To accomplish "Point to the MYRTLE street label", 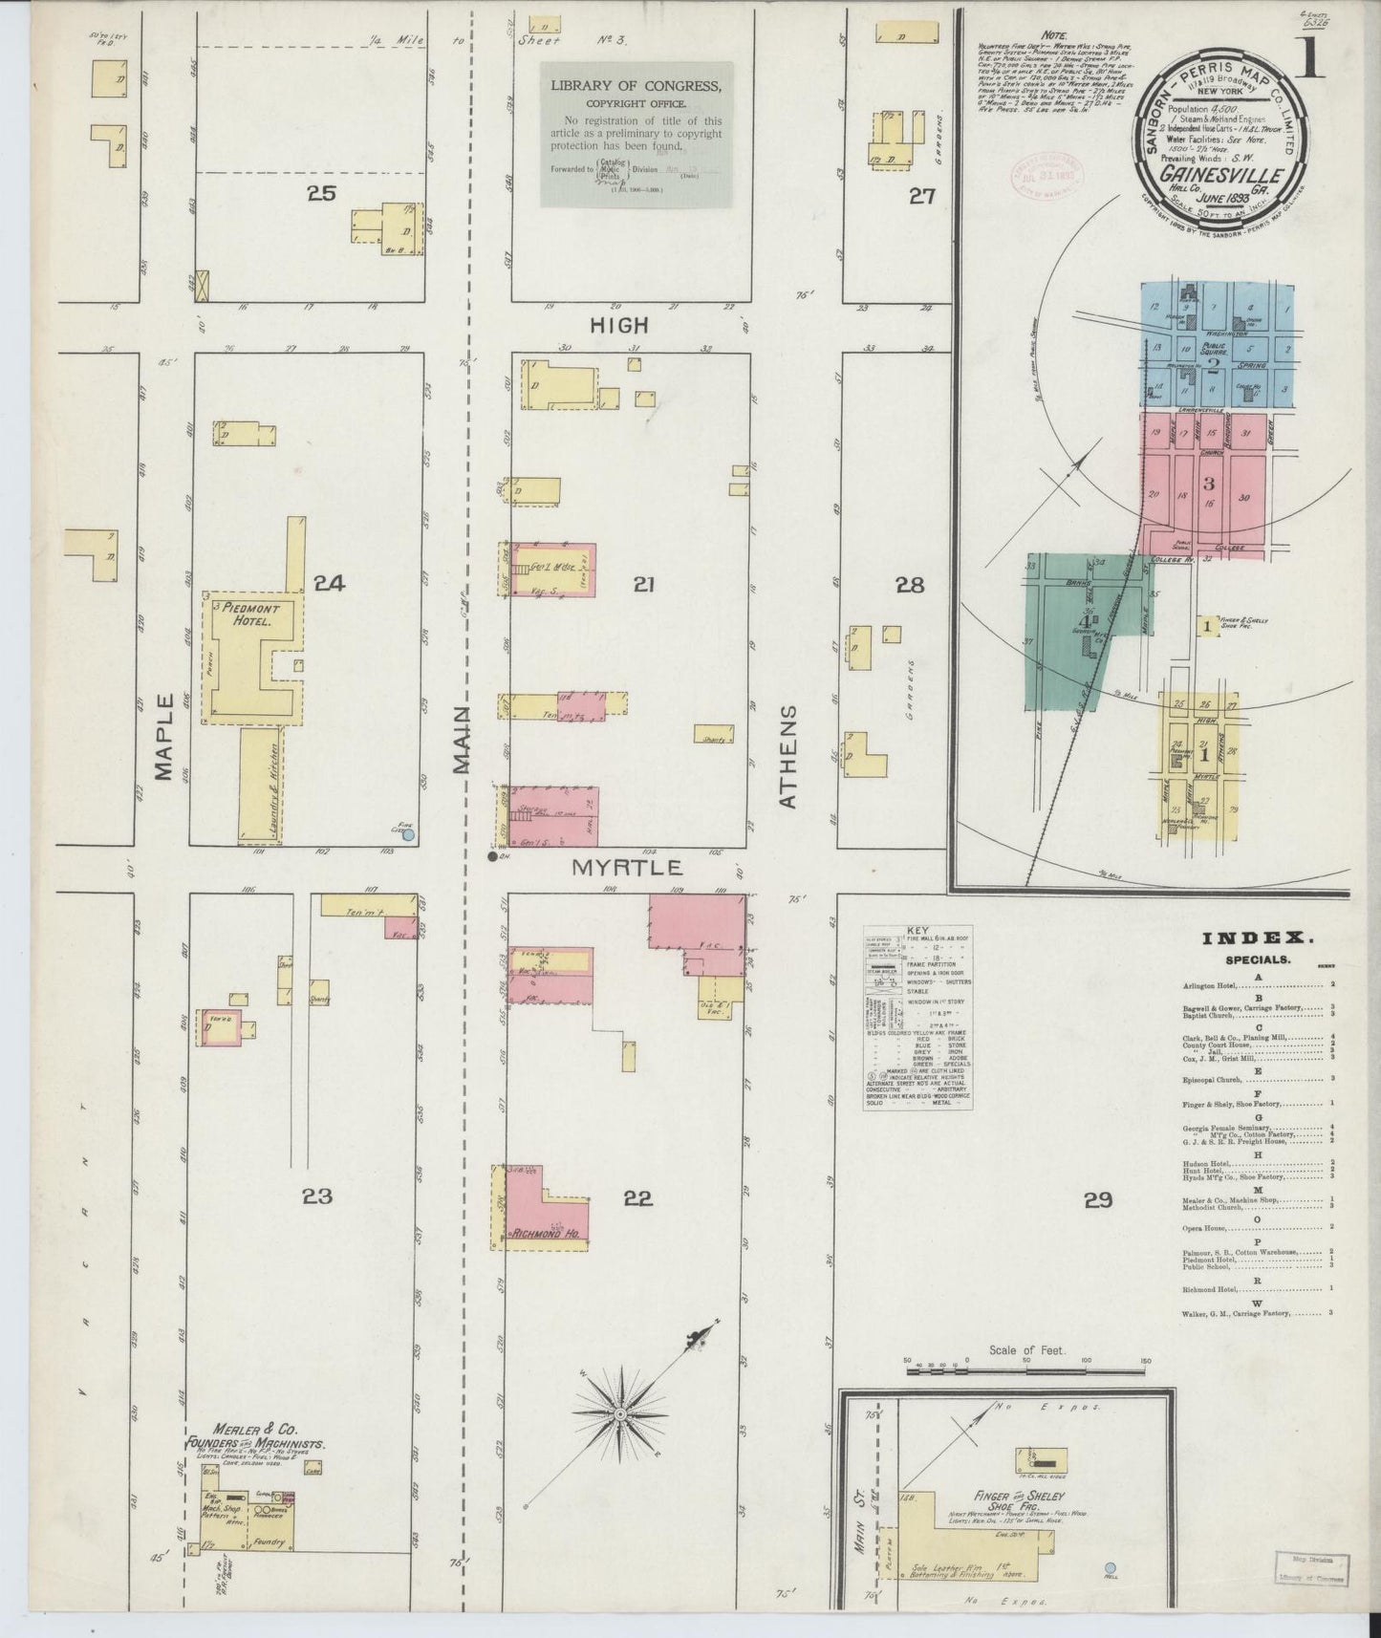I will coord(627,868).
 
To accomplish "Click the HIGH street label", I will coord(619,325).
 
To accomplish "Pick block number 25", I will coord(321,194).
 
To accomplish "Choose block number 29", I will coord(1098,1199).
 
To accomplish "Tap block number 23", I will coord(317,1196).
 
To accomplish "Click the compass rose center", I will coord(619,1413).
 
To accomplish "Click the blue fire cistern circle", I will coord(408,834).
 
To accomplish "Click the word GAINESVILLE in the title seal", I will coord(1219,177).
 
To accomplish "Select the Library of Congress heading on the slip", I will coord(636,86).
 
